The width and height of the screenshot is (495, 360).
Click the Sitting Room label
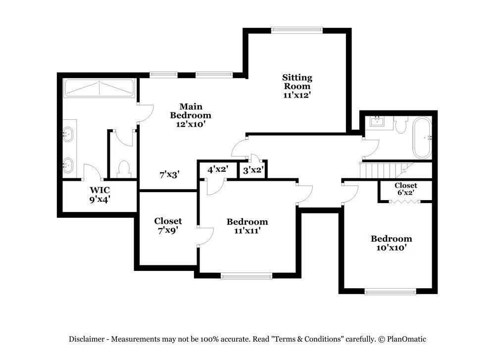pos(297,82)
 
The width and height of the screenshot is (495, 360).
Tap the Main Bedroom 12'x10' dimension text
pos(190,124)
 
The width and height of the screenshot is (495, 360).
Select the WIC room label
pos(99,190)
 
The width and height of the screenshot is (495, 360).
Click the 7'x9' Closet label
pos(168,225)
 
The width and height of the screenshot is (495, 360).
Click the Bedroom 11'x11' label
pos(247,226)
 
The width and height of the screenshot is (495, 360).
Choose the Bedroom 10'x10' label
pos(391,243)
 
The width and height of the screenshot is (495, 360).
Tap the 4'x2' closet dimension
pos(217,169)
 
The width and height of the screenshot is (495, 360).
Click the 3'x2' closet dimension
pos(253,170)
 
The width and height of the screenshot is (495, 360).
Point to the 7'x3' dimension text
pos(169,174)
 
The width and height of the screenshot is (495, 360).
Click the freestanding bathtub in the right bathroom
pos(422,137)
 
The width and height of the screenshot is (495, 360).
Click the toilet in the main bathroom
pos(124,169)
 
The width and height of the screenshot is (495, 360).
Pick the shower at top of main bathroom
pos(99,88)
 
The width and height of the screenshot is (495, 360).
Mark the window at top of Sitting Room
pos(297,30)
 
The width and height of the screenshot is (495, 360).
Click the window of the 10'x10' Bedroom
pos(391,292)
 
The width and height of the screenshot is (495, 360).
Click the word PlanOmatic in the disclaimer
pos(406,339)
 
